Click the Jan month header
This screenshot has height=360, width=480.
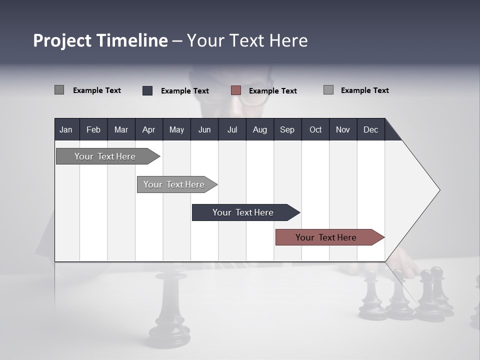(x=66, y=129)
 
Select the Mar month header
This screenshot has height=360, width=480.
(x=121, y=129)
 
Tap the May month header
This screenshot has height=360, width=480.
(x=176, y=129)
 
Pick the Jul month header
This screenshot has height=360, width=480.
(x=232, y=129)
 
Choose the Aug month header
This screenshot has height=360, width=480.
(x=259, y=129)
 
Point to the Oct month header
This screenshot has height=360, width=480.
(x=315, y=129)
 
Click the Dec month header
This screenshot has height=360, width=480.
(x=370, y=129)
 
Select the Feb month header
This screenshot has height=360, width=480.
(x=93, y=129)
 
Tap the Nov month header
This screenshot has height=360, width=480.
(x=342, y=129)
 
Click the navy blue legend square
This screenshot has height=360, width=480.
(x=147, y=90)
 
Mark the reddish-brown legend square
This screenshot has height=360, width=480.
(x=236, y=90)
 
